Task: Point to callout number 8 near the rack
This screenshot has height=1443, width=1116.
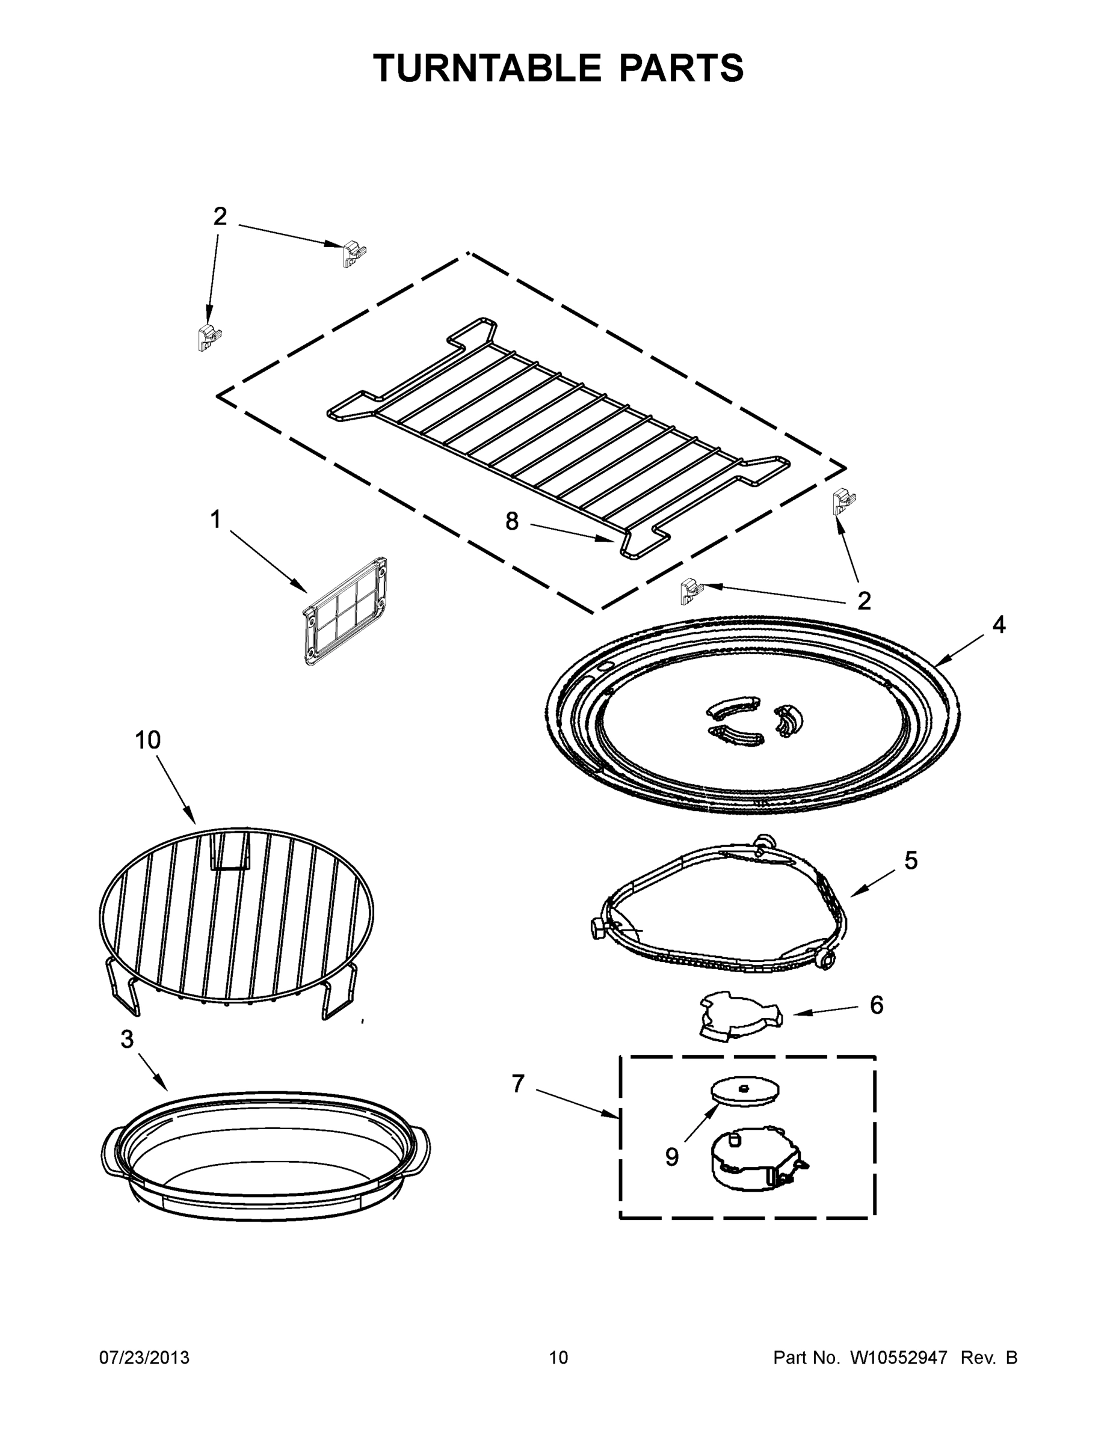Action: (512, 522)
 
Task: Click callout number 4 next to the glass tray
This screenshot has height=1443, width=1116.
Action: (999, 624)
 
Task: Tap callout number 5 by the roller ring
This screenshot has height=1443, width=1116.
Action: (910, 861)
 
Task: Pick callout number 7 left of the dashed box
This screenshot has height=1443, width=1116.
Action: (517, 1083)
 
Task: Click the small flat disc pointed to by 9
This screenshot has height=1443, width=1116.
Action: (744, 1090)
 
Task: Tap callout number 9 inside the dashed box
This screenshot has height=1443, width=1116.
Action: (672, 1157)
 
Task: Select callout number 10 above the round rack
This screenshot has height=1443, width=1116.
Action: (147, 740)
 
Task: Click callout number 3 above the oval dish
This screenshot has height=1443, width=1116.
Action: (127, 1040)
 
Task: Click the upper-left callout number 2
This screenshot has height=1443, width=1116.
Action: (220, 216)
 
